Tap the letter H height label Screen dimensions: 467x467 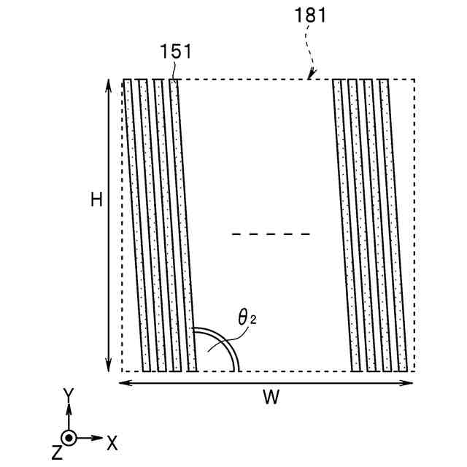tap(96, 199)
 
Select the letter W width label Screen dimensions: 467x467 tap(271, 397)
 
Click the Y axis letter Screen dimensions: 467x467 tap(68, 395)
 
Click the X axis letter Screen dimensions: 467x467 tap(112, 441)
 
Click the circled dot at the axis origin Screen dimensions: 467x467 tap(69, 438)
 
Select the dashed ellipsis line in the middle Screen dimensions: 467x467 tap(271, 234)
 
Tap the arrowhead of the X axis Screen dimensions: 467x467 tap(99, 438)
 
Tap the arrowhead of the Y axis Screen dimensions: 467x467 tap(69, 409)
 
